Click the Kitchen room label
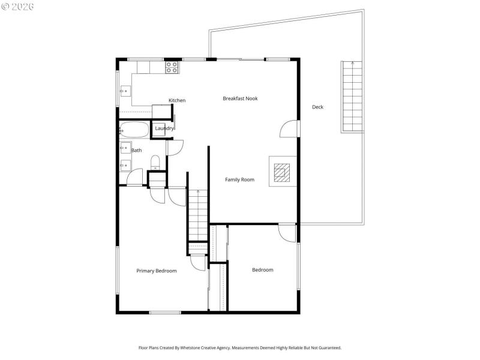point(177,101)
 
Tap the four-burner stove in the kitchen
point(172,67)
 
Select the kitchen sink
point(125,91)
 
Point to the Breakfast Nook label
point(240,98)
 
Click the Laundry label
point(164,128)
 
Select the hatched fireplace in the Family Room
point(281,173)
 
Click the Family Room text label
point(239,179)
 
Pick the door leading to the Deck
point(289,128)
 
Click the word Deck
point(317,107)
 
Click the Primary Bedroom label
point(157,271)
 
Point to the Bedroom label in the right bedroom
point(262,270)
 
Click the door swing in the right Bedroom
point(287,232)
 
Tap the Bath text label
point(137,151)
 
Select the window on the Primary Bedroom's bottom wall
point(164,312)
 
